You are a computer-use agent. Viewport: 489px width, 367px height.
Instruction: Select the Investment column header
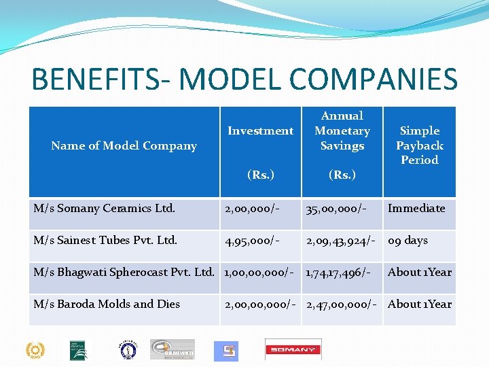(x=261, y=130)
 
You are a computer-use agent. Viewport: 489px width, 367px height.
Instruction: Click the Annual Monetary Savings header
(x=342, y=130)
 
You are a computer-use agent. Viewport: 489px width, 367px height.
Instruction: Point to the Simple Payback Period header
(x=420, y=145)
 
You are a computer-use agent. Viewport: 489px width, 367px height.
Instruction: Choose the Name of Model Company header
(x=124, y=145)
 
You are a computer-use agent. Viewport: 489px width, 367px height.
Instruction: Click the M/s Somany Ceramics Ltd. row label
(x=105, y=209)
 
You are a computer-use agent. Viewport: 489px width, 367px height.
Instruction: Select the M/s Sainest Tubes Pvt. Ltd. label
(x=105, y=240)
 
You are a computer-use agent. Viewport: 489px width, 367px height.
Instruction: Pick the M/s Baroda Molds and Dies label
(x=107, y=304)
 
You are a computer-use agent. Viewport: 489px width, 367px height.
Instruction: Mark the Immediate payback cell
(x=416, y=209)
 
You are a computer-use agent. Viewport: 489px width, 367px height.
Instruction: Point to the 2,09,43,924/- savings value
(x=342, y=240)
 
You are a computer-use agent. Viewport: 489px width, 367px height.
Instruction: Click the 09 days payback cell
(x=407, y=240)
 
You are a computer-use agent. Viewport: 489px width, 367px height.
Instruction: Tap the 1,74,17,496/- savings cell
(x=338, y=272)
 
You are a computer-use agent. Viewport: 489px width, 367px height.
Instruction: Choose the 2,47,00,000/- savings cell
(x=342, y=304)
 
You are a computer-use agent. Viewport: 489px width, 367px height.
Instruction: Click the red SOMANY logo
(x=293, y=349)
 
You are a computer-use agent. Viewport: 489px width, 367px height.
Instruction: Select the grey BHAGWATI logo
(x=172, y=349)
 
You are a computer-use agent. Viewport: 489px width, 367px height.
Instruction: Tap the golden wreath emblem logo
(x=35, y=350)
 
